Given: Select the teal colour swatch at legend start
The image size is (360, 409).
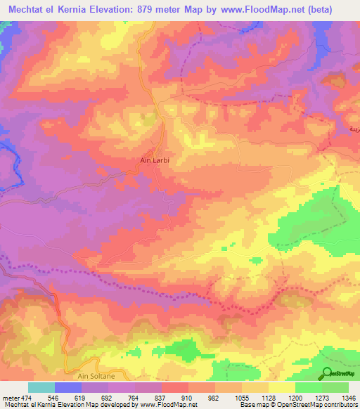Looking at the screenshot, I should [41, 387].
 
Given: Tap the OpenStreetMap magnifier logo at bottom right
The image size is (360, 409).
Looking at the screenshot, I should [328, 375].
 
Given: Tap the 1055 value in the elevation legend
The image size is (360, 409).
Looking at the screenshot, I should [241, 397].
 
